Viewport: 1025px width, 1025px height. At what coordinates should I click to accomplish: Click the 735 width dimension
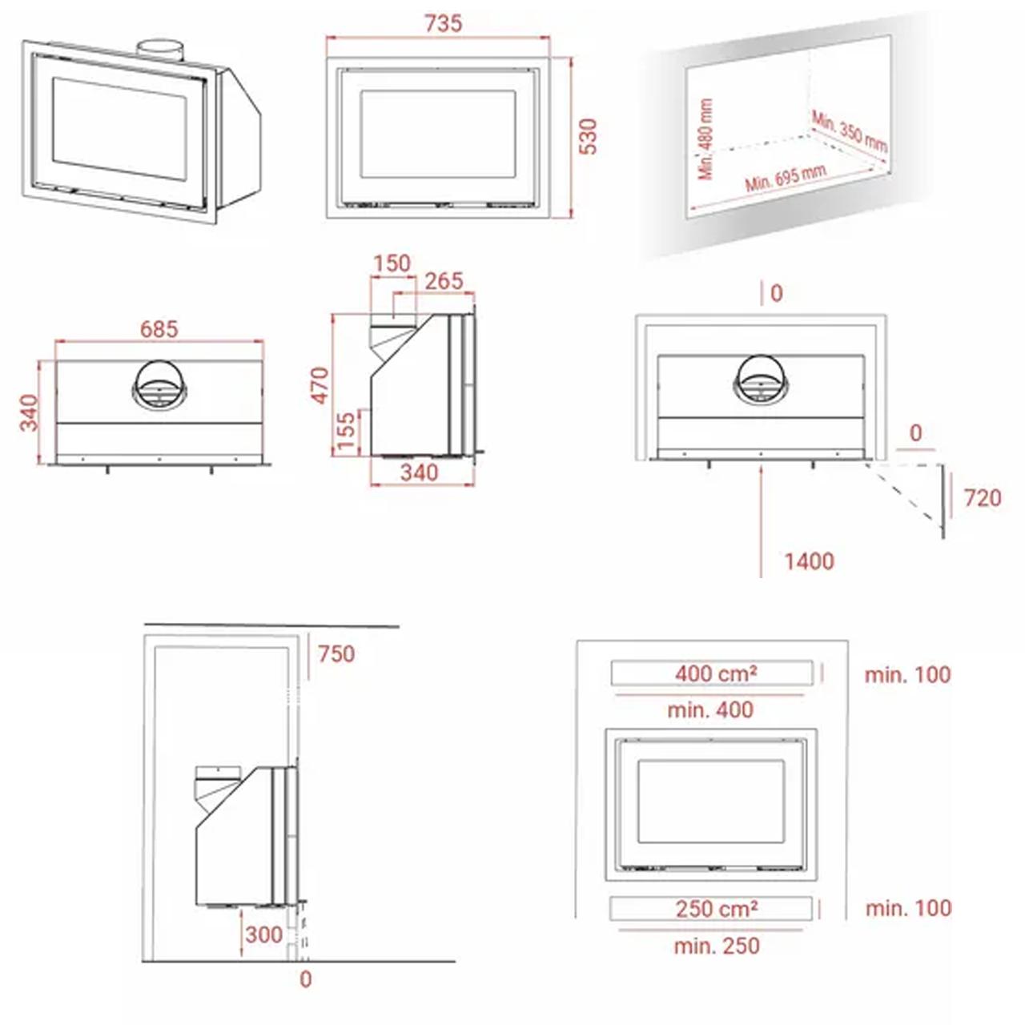tap(443, 23)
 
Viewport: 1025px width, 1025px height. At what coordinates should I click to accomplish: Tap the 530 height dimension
tap(588, 137)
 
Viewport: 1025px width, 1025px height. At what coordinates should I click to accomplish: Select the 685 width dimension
tap(159, 329)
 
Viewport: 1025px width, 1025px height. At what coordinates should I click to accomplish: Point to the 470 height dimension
tap(320, 385)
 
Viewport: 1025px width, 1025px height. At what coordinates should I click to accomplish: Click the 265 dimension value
tap(444, 281)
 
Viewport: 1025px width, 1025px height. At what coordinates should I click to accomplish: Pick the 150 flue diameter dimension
tap(392, 263)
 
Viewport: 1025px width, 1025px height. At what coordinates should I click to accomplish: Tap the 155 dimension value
tap(346, 431)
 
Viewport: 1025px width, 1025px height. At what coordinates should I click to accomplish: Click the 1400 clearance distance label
tap(809, 561)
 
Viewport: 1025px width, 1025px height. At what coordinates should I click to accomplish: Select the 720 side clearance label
tap(983, 498)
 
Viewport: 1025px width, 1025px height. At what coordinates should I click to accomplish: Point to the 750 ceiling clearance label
tap(336, 654)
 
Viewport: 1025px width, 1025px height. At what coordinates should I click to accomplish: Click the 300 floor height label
tap(263, 935)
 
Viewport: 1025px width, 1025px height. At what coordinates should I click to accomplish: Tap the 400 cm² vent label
tap(716, 674)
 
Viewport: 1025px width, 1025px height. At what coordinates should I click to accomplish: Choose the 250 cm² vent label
tap(717, 909)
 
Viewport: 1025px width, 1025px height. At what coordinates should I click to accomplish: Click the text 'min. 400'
tap(710, 710)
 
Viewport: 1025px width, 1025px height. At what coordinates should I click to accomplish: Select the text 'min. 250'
tap(717, 946)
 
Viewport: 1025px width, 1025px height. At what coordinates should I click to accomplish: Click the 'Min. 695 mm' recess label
tap(786, 178)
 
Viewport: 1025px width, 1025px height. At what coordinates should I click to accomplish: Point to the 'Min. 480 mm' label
tap(705, 139)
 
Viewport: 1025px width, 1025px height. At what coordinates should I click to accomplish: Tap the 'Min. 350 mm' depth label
tap(850, 131)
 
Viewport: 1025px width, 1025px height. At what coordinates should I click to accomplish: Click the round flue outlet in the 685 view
tap(159, 385)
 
